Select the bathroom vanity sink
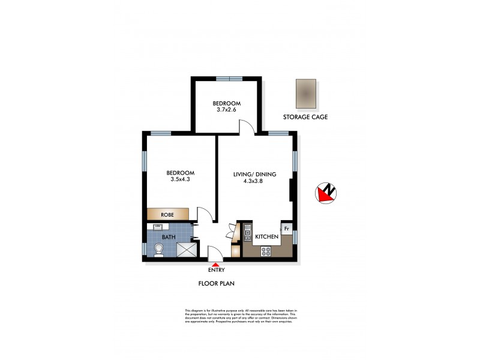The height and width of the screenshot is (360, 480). point(158,227)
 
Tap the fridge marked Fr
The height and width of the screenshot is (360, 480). point(287,229)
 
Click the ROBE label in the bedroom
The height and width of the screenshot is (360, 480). point(167,214)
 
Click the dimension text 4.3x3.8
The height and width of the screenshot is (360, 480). point(254,181)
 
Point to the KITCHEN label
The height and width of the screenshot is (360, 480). point(267,237)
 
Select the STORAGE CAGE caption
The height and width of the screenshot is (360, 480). point(305,117)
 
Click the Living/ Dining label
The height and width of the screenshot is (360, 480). point(254,174)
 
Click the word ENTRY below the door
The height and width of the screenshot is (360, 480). point(216,270)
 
